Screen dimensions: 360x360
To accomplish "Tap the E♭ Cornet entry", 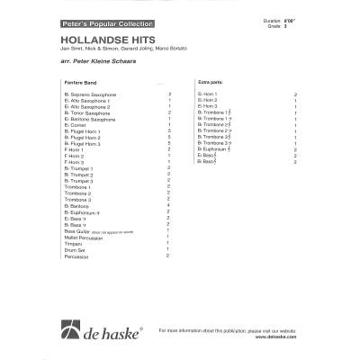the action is coord(84,126).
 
